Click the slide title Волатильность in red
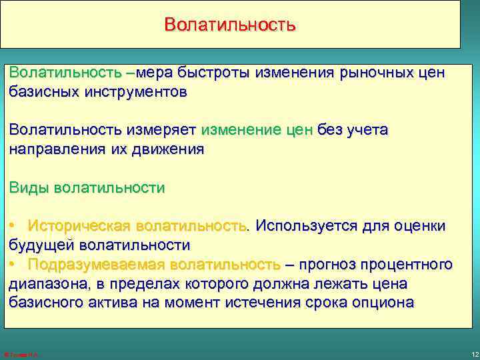229,25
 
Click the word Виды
29,187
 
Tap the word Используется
307,226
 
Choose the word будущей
39,245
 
